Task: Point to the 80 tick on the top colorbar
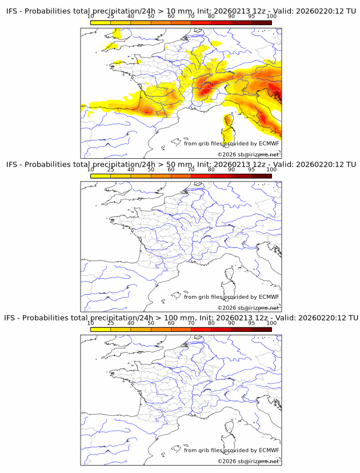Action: pos(211,17)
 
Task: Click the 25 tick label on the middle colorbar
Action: pos(111,170)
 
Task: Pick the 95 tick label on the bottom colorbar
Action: pos(251,323)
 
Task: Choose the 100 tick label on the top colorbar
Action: pos(271,17)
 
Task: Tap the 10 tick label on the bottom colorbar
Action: pos(91,323)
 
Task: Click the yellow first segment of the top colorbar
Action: pos(101,22)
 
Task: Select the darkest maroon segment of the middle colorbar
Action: pos(261,175)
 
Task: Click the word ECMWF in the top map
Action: pos(269,143)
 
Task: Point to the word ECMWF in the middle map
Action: pos(269,296)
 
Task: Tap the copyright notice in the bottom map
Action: pos(248,461)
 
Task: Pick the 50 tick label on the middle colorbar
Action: pos(151,170)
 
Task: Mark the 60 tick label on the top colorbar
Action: pos(171,17)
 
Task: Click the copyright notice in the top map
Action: pos(248,155)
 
